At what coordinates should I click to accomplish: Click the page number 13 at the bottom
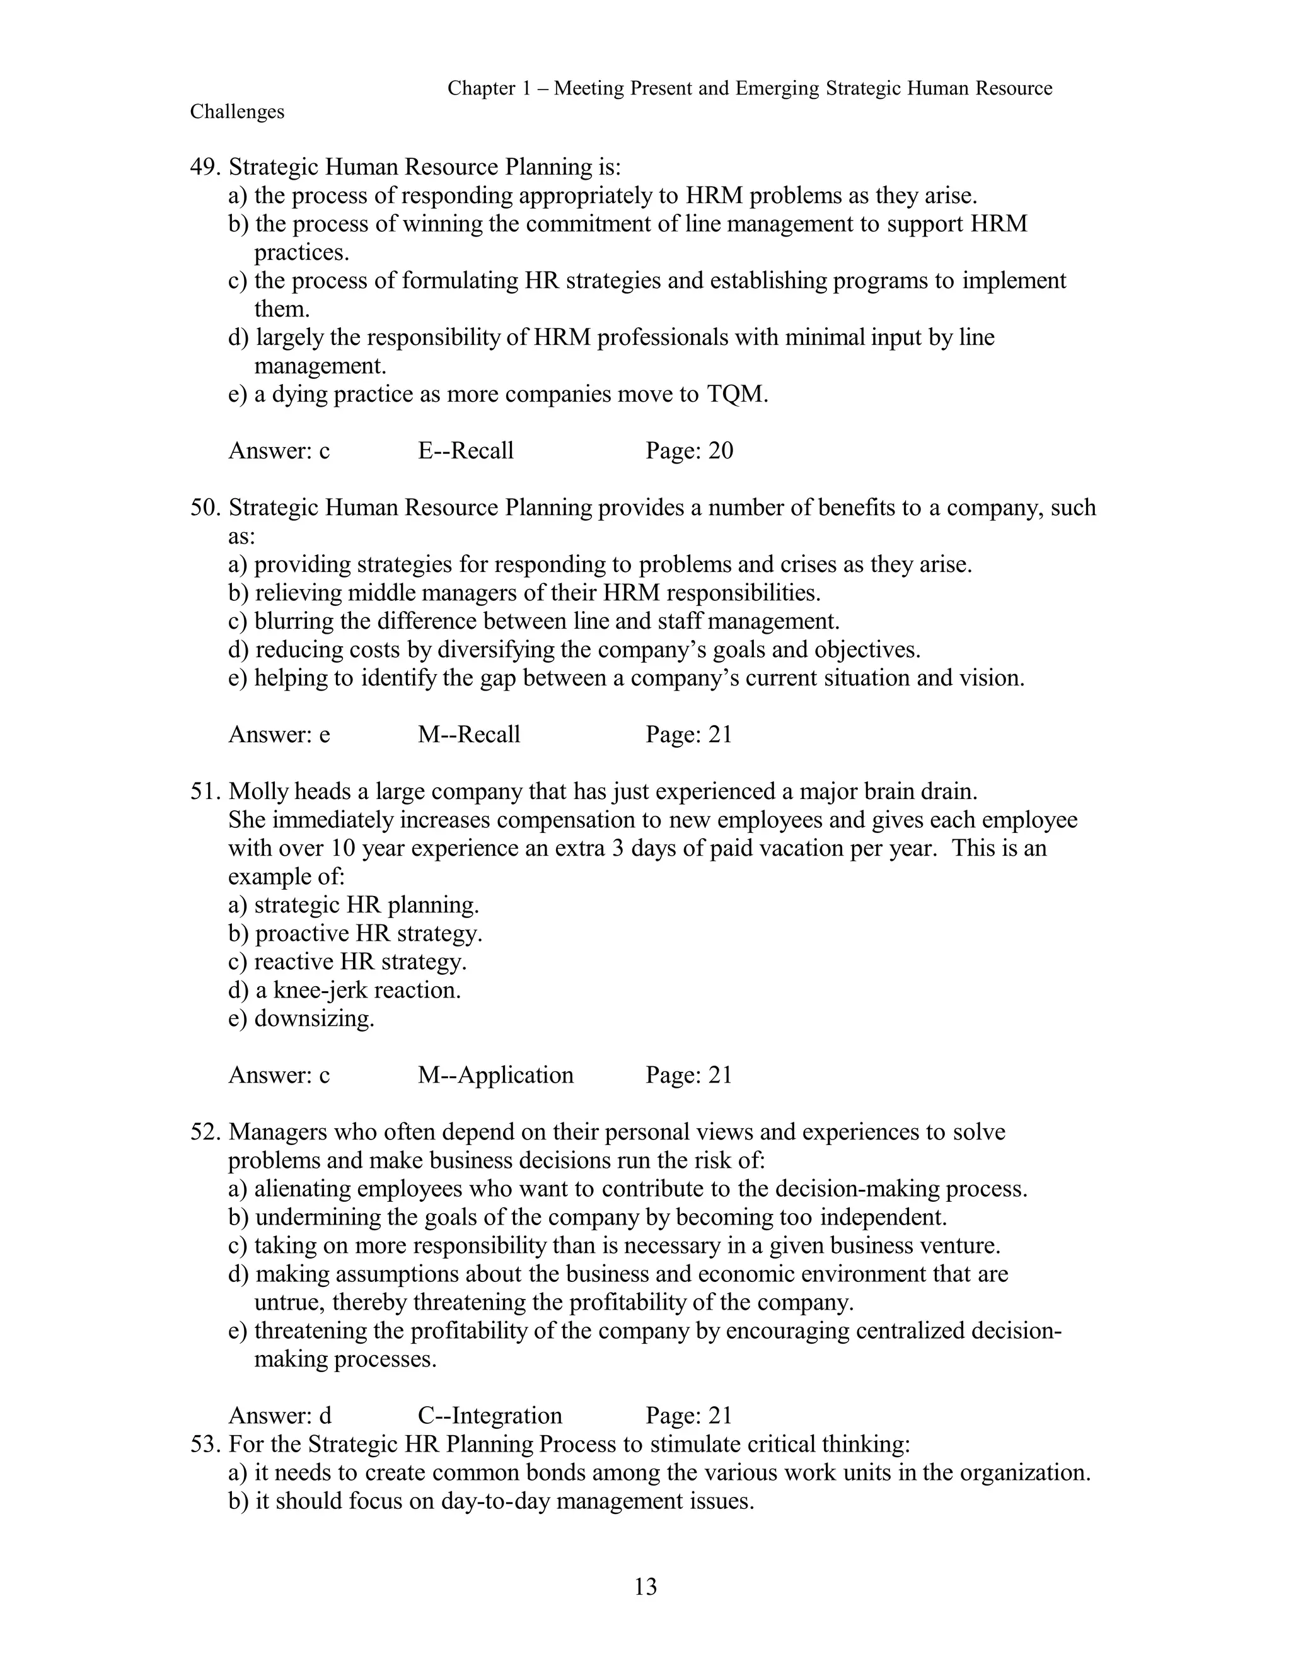pyautogui.click(x=645, y=1587)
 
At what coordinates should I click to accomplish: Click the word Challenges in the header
pyautogui.click(x=237, y=112)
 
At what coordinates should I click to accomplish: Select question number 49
pyautogui.click(x=205, y=167)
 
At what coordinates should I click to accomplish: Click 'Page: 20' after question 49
pyautogui.click(x=689, y=451)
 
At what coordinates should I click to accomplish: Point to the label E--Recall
pyautogui.click(x=466, y=451)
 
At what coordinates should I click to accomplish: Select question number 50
pyautogui.click(x=205, y=507)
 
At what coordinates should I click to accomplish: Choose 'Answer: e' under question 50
pyautogui.click(x=279, y=735)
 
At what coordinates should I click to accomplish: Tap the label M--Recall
pyautogui.click(x=469, y=735)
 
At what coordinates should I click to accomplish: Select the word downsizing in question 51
pyautogui.click(x=313, y=1019)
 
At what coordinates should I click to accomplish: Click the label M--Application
pyautogui.click(x=495, y=1075)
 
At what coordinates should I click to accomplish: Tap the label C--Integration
pyautogui.click(x=489, y=1416)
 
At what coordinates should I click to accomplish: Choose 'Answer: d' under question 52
pyautogui.click(x=280, y=1416)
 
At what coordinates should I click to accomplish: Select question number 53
pyautogui.click(x=205, y=1444)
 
